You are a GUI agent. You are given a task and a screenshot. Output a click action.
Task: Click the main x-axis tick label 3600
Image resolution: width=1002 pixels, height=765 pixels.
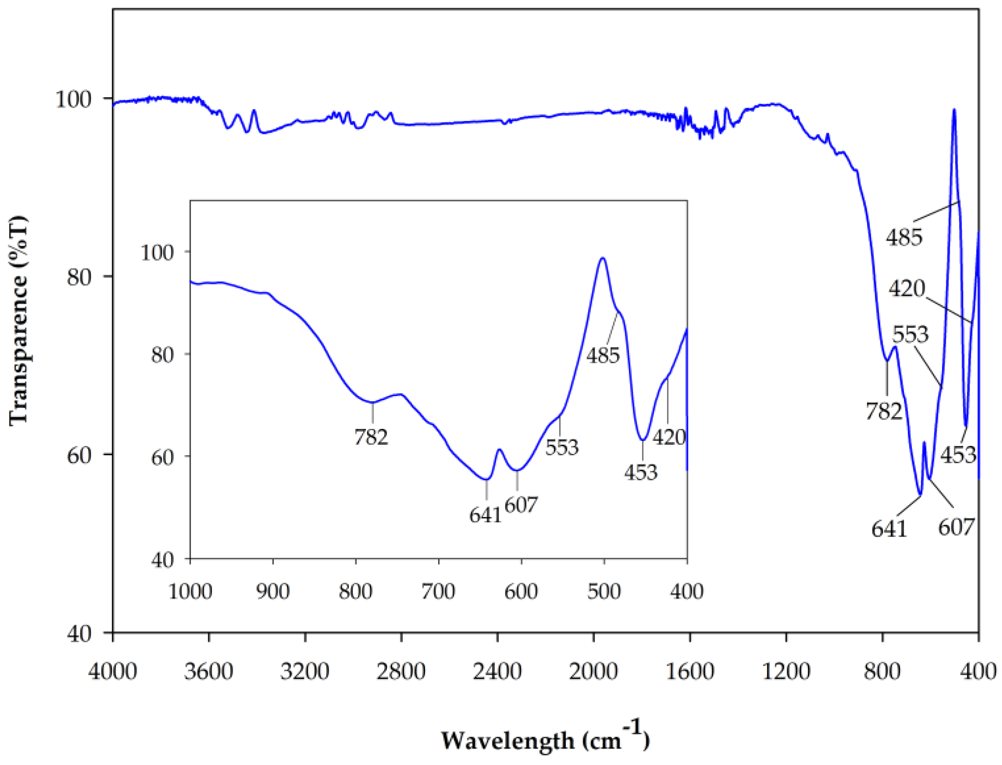(209, 672)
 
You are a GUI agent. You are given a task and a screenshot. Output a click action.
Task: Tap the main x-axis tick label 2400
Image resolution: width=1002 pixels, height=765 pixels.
(497, 672)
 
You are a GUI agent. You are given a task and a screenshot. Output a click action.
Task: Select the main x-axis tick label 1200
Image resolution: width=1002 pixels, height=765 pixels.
(786, 672)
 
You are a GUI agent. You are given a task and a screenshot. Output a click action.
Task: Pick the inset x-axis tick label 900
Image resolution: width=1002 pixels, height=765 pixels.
(273, 591)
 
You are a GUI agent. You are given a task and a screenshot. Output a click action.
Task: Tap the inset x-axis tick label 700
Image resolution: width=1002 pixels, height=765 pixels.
(439, 591)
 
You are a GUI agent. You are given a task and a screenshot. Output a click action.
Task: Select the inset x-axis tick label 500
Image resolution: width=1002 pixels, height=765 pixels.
(604, 591)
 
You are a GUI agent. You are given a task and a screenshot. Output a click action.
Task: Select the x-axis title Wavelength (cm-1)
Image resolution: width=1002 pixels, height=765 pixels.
(545, 740)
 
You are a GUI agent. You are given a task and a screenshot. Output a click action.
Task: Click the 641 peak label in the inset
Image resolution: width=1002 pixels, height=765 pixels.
(485, 515)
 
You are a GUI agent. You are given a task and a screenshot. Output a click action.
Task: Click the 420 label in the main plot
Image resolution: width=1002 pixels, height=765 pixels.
(907, 289)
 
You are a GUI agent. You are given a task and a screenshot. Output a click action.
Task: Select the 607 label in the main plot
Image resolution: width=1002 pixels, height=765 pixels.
(956, 527)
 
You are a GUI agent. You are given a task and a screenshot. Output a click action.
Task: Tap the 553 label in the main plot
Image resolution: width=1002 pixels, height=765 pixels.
(910, 335)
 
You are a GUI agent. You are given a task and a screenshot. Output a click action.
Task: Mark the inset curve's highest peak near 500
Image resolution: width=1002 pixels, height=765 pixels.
(603, 258)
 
